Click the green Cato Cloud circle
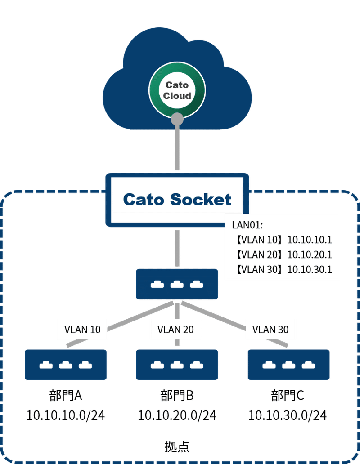pyautogui.click(x=177, y=90)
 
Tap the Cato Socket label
pyautogui.click(x=177, y=200)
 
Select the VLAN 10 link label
pyautogui.click(x=83, y=330)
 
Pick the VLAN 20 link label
pyautogui.click(x=175, y=330)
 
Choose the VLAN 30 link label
pyautogui.click(x=270, y=330)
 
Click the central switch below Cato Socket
pyautogui.click(x=177, y=284)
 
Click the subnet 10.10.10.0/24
pyautogui.click(x=66, y=415)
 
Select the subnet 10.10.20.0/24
pyautogui.click(x=177, y=415)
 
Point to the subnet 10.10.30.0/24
pyautogui.click(x=288, y=415)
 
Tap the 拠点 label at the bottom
pyautogui.click(x=177, y=446)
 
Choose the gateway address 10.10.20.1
pyautogui.click(x=310, y=254)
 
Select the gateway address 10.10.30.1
pyautogui.click(x=310, y=269)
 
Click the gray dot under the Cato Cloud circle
pyautogui.click(x=177, y=119)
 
